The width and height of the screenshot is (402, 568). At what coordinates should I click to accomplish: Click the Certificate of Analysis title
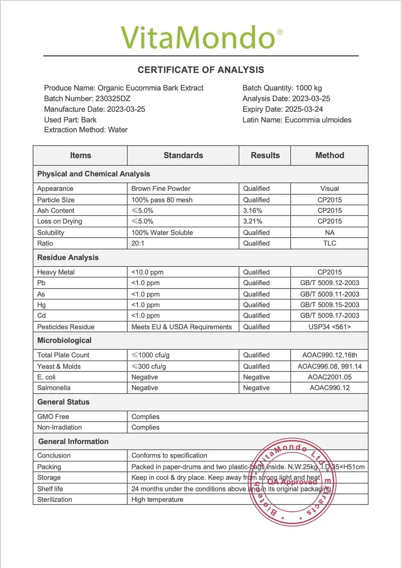point(201,70)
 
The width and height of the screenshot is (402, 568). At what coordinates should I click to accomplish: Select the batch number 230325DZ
point(113,98)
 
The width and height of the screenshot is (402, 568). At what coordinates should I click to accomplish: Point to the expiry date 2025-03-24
point(304,109)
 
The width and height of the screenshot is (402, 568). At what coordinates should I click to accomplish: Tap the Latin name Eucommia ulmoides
point(318,120)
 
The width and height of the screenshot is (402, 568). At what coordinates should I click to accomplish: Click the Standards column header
point(183,155)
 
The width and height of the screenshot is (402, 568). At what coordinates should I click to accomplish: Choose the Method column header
point(329,155)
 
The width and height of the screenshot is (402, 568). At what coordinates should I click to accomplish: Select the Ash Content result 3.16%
point(253,211)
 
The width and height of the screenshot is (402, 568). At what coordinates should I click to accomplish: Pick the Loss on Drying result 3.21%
point(253,221)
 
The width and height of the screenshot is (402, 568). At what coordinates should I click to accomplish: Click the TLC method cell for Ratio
point(329,243)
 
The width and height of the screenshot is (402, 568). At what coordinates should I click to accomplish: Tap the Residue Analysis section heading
point(68,257)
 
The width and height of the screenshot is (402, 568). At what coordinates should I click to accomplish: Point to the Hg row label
point(41,305)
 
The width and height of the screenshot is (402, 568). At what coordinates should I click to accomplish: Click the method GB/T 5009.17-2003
point(329,316)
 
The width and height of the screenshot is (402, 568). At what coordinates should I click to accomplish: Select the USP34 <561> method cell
point(329,327)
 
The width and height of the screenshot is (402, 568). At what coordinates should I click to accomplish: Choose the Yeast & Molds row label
point(59,367)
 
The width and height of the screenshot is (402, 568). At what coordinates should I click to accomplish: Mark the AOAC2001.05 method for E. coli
point(329,377)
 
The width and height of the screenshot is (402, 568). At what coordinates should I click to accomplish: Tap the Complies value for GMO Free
point(146,417)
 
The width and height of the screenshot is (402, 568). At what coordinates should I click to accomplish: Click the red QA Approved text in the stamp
point(292,482)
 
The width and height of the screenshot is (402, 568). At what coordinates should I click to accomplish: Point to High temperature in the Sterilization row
point(157,500)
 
